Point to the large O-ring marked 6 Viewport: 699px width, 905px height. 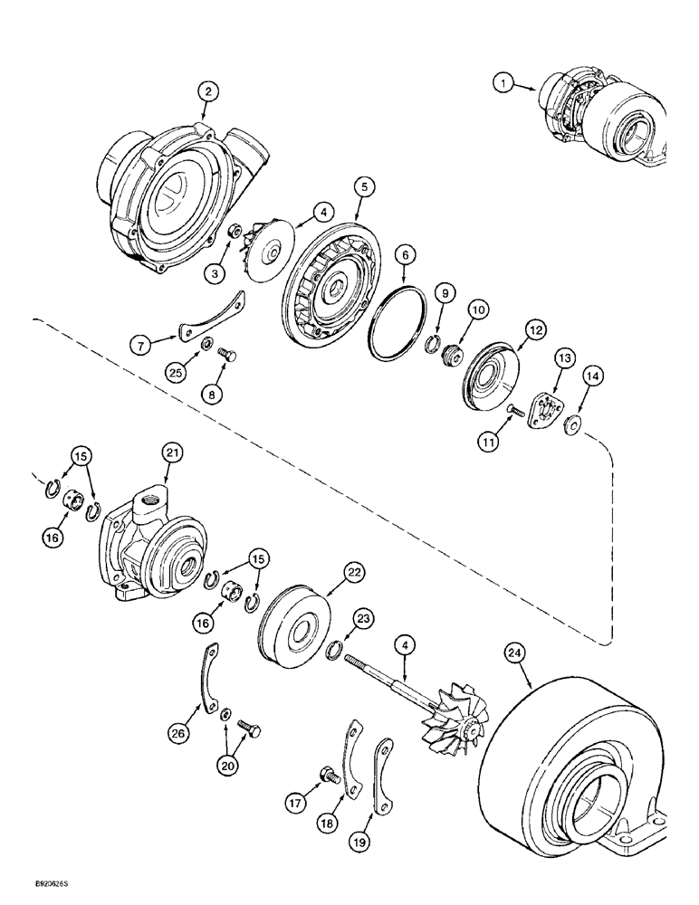click(x=397, y=324)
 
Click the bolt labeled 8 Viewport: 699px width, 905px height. click(x=229, y=357)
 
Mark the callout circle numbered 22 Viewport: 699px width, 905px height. click(x=352, y=572)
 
